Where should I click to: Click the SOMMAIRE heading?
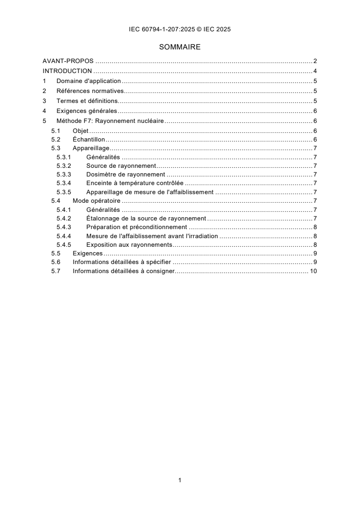click(180, 47)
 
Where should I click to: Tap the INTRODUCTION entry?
click(67, 71)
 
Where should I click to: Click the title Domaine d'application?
click(89, 81)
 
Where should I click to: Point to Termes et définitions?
click(87, 101)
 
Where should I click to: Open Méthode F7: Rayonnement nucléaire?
click(110, 121)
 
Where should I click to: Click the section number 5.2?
click(55, 140)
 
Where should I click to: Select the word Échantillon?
click(89, 140)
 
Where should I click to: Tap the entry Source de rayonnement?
click(121, 166)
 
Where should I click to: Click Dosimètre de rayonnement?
click(125, 175)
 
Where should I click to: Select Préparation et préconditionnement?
click(136, 227)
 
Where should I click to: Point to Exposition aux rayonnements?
click(129, 245)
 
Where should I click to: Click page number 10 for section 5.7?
click(313, 271)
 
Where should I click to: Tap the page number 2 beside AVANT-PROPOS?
click(315, 61)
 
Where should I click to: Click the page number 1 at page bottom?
click(180, 480)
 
